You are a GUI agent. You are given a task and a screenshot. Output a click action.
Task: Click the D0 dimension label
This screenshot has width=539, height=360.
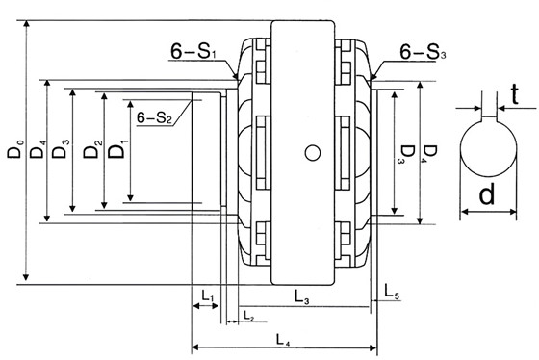[x=15, y=148]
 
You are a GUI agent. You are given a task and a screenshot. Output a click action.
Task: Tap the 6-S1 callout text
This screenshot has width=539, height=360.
[x=194, y=51]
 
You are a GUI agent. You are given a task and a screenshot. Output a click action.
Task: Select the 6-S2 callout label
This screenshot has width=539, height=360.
[x=154, y=117]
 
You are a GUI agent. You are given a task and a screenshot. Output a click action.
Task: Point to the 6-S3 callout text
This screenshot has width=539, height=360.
[x=423, y=52]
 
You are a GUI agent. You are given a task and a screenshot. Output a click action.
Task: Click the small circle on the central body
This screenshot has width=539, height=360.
[x=313, y=153]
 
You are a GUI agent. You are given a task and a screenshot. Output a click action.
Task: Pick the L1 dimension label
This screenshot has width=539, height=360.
[x=208, y=296]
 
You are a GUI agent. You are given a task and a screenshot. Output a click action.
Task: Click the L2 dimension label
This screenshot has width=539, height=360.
[x=248, y=316]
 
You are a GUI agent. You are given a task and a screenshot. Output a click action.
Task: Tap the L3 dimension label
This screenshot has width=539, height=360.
[x=302, y=296]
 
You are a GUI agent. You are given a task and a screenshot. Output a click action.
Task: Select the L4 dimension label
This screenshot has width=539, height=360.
[x=283, y=340]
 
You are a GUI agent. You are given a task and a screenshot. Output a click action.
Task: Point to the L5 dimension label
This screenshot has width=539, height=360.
[x=392, y=292]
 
